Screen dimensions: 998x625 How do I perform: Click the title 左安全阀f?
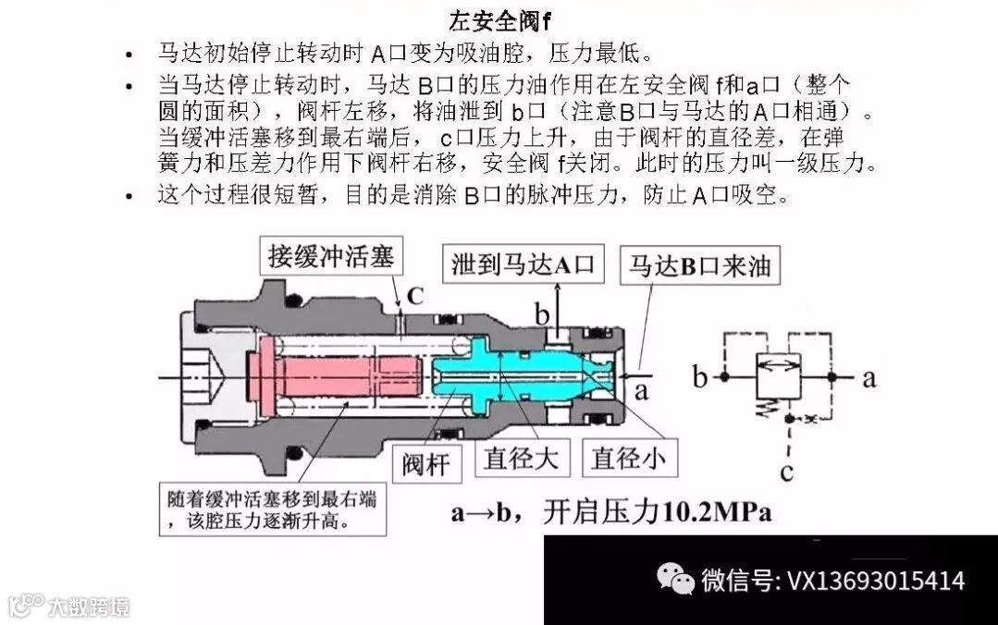[500, 18]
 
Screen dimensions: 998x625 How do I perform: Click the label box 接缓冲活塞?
[331, 255]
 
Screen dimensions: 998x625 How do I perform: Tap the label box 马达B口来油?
[699, 266]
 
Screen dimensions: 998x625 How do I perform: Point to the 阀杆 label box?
[425, 461]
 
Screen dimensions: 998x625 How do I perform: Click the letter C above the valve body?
[415, 296]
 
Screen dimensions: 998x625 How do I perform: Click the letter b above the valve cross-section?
[542, 313]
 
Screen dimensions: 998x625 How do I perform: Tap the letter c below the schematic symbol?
[786, 472]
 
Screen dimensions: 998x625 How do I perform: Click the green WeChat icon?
[676, 580]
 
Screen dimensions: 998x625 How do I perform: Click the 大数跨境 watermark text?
[89, 607]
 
